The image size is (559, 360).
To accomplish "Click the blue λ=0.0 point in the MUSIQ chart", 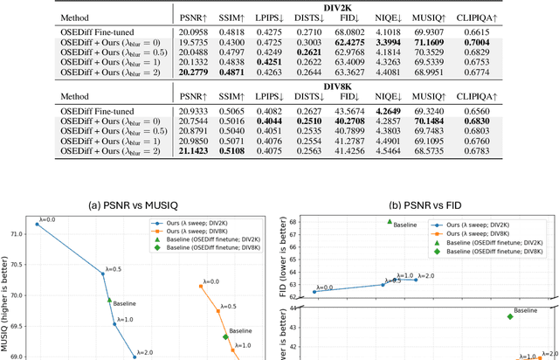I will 37,224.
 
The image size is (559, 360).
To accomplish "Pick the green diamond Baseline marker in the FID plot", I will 509,316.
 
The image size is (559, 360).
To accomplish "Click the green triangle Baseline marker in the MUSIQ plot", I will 109,300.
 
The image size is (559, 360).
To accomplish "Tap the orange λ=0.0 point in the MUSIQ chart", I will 204,289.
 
